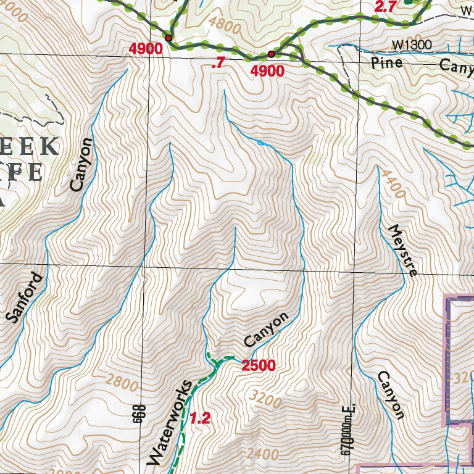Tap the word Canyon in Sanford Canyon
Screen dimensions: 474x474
point(81,164)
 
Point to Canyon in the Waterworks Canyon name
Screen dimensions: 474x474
point(266,330)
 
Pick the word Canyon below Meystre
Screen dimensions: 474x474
point(391,395)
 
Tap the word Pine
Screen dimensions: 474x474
point(387,63)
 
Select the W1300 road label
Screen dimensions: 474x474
point(412,44)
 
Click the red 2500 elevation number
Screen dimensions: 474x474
point(258,366)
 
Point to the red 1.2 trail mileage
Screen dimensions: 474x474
point(200,419)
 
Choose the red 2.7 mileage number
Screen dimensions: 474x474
point(385,7)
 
